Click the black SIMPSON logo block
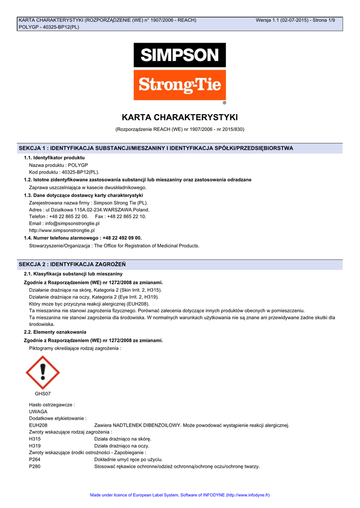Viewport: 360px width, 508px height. (x=179, y=55)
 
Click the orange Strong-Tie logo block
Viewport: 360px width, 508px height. (x=179, y=85)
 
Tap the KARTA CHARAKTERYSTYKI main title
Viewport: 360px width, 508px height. (x=180, y=118)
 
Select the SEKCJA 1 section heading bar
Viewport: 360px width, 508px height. (x=180, y=148)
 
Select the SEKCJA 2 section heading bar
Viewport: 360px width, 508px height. (x=180, y=264)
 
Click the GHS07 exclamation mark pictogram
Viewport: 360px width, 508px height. (x=43, y=372)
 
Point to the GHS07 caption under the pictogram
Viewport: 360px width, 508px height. (x=43, y=393)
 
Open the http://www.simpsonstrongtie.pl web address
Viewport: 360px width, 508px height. (x=62, y=231)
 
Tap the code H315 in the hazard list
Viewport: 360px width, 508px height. (x=35, y=439)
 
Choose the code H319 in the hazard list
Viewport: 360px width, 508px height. (x=35, y=446)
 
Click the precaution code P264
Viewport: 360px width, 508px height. (x=35, y=460)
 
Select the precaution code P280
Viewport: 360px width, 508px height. (x=35, y=467)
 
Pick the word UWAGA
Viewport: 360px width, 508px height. (x=38, y=412)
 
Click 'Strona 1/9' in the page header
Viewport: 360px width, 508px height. (x=324, y=20)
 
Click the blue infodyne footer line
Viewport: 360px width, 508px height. (x=180, y=495)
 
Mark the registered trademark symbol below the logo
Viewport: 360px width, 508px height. (x=224, y=103)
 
